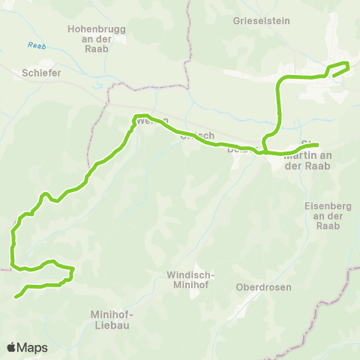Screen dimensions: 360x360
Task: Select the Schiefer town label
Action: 41,73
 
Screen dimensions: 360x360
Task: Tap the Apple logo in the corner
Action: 11,347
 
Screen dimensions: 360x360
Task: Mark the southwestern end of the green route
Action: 16,296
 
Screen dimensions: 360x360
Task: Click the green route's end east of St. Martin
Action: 318,145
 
